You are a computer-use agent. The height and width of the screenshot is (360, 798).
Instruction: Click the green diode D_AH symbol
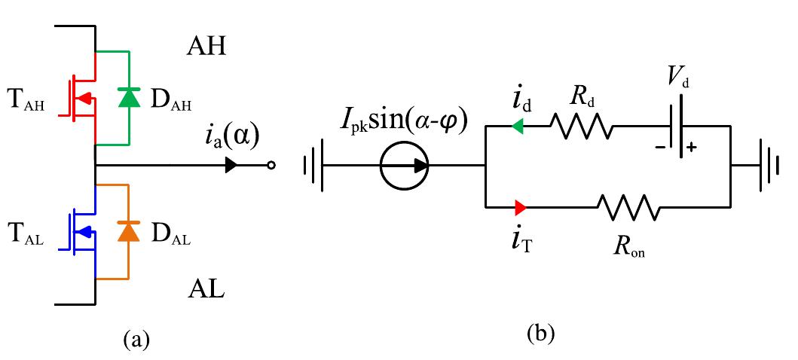(130, 97)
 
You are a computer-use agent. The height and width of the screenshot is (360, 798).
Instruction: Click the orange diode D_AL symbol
(130, 233)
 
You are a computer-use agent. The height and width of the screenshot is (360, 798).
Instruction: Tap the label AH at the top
(206, 48)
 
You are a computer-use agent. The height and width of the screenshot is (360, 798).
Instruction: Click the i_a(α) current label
(233, 138)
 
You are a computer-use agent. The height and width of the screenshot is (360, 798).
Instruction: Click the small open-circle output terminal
(271, 165)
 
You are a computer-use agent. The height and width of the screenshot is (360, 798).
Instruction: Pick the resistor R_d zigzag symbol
(581, 126)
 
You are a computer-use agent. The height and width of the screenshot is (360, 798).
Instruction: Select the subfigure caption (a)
(136, 339)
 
